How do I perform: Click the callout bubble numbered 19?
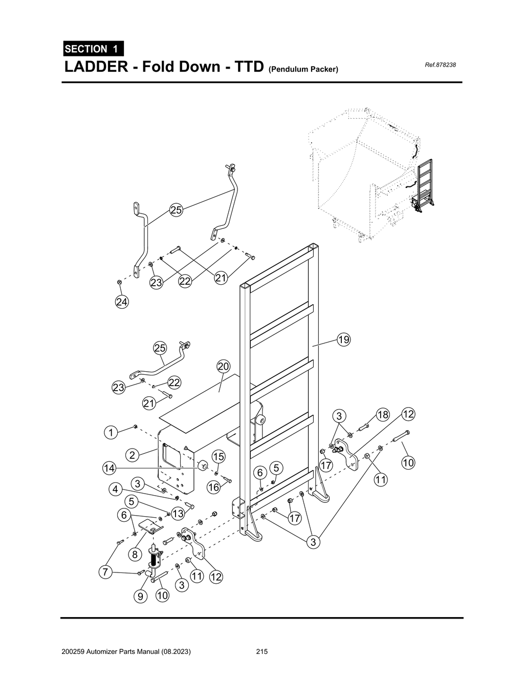tap(343, 339)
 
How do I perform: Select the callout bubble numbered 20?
tap(224, 367)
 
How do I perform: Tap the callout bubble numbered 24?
tap(122, 302)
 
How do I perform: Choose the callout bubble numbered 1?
tap(111, 432)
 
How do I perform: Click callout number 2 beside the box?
tap(132, 455)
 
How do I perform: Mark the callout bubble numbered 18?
tap(383, 415)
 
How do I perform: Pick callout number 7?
tap(105, 572)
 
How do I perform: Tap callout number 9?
tap(140, 596)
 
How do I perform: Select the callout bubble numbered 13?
tap(178, 513)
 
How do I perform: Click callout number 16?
tap(213, 487)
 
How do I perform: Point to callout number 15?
tap(219, 456)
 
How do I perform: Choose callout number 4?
tap(116, 490)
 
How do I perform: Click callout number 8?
tap(135, 554)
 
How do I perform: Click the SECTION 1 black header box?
tap(93, 49)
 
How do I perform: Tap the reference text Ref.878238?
tap(440, 65)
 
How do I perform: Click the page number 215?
tap(262, 652)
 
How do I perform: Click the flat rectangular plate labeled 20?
tap(205, 402)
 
